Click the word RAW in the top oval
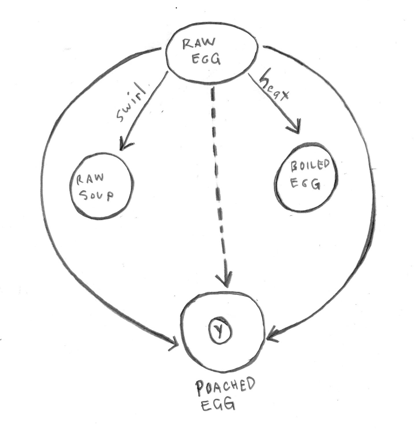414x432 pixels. (x=199, y=44)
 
